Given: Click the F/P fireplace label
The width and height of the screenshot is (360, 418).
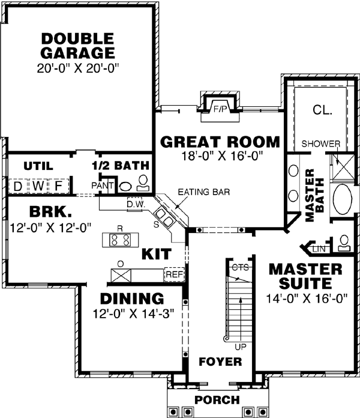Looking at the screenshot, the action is (x=220, y=109).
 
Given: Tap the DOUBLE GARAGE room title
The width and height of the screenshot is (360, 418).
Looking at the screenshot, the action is (x=78, y=46).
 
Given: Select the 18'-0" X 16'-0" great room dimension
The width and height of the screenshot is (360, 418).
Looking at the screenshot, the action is (x=222, y=156).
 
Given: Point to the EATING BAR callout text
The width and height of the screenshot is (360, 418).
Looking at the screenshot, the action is (x=203, y=192).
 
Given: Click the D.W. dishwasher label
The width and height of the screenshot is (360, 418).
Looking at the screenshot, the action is (x=136, y=205).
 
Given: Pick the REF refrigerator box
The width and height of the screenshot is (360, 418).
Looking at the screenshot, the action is (x=175, y=274).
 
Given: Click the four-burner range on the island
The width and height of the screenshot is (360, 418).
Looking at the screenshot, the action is (x=121, y=240).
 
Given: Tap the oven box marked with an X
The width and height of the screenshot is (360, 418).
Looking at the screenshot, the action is (x=121, y=276).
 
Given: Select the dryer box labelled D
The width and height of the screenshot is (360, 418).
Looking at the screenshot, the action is (x=18, y=186).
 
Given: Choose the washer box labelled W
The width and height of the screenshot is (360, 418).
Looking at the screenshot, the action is (x=38, y=186).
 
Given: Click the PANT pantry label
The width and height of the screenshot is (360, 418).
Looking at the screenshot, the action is (x=103, y=186).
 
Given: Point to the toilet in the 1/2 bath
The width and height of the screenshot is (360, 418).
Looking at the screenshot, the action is (x=143, y=183).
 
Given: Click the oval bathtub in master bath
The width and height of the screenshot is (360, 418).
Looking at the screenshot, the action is (x=343, y=199).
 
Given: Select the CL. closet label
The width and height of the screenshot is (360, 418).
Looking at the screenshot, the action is (x=323, y=109).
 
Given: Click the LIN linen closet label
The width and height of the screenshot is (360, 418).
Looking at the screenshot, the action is (x=319, y=249).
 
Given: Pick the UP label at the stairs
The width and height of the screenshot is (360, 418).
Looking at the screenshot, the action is (x=241, y=347).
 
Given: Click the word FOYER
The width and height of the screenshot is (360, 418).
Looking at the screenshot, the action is (x=220, y=362).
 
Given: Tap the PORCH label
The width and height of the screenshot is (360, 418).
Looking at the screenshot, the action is (x=217, y=400).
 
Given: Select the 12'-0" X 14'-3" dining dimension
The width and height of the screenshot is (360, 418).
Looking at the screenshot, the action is (x=133, y=313).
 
